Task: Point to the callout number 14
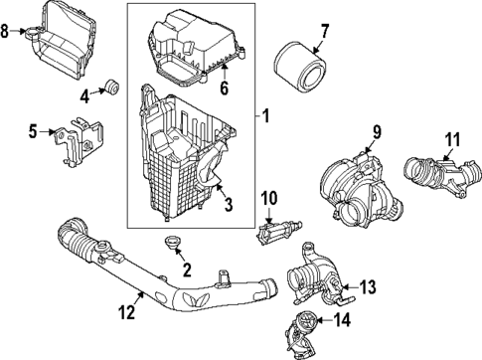click(342, 320)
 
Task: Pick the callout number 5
click(33, 129)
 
